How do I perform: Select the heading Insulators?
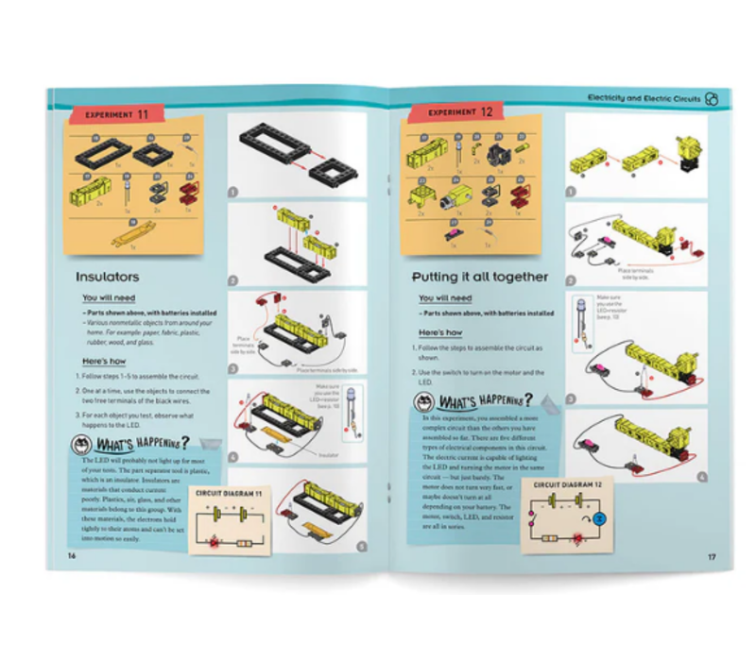coord(108,277)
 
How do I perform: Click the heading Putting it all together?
coord(479,277)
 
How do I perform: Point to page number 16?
coord(71,555)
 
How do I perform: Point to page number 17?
coord(712,556)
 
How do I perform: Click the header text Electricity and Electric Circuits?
coord(643,97)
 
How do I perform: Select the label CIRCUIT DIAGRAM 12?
coord(568,484)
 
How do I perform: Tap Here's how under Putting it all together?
coord(440,333)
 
